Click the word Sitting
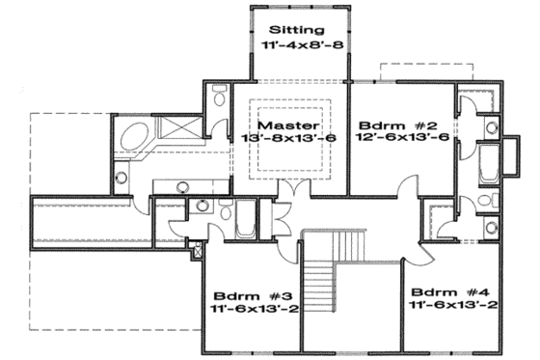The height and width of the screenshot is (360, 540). click(298, 29)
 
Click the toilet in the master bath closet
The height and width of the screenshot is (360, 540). click(218, 97)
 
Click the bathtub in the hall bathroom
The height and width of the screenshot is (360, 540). click(244, 221)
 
